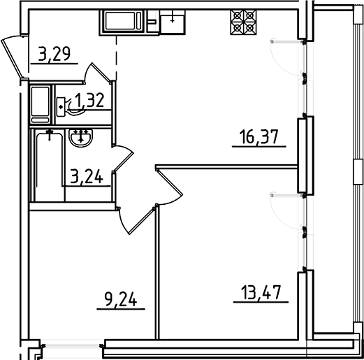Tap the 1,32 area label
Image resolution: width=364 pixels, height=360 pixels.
coord(90,101)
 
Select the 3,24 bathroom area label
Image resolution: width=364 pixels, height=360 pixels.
coord(86,176)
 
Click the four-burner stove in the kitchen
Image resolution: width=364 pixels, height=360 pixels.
coord(242,22)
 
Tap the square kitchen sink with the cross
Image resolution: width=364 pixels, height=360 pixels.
coord(173,22)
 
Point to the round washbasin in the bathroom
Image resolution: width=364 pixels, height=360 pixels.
coord(82,138)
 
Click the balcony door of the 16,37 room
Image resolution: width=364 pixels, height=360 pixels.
coord(287,59)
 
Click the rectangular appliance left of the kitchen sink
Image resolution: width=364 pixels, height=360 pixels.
coord(126,22)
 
